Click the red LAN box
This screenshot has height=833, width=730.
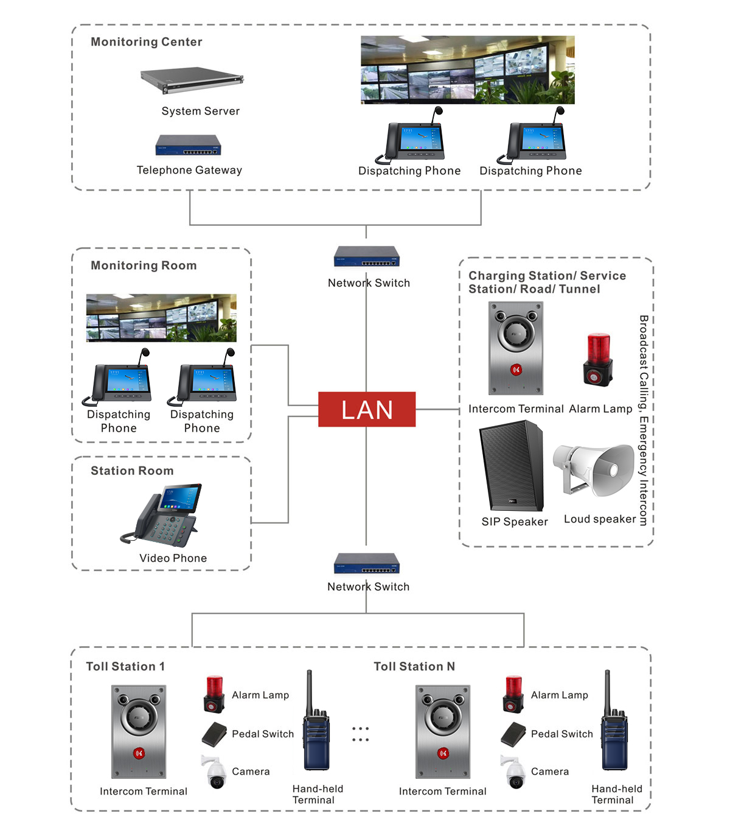tap(367, 409)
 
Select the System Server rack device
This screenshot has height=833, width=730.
tap(192, 80)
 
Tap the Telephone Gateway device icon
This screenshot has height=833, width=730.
tap(188, 146)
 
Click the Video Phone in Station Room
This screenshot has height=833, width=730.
tap(163, 515)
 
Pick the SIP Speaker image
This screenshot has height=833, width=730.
tap(511, 466)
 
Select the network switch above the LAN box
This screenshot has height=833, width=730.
tap(366, 256)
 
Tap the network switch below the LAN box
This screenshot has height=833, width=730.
tap(366, 563)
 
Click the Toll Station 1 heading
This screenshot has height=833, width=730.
tap(125, 666)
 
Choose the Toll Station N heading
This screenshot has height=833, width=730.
tap(414, 666)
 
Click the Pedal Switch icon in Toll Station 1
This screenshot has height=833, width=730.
tap(214, 734)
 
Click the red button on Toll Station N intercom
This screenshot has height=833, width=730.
tap(443, 753)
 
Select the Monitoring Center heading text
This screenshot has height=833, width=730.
tap(146, 42)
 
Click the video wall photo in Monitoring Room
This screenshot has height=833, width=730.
tap(161, 318)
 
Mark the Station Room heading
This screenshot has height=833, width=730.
tap(132, 471)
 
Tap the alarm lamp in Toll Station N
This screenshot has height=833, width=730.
tap(513, 694)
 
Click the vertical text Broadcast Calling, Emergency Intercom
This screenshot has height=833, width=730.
tap(643, 420)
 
